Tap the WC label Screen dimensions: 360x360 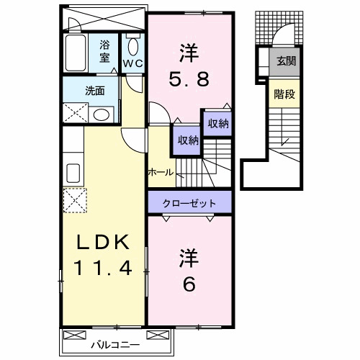[x=132, y=63]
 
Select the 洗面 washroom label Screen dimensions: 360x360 [x=95, y=91]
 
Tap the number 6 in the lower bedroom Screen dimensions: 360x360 [x=189, y=284]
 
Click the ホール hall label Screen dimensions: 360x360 [x=160, y=172]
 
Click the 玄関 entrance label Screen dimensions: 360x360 [x=285, y=62]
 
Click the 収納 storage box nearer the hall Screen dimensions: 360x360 [x=184, y=140]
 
